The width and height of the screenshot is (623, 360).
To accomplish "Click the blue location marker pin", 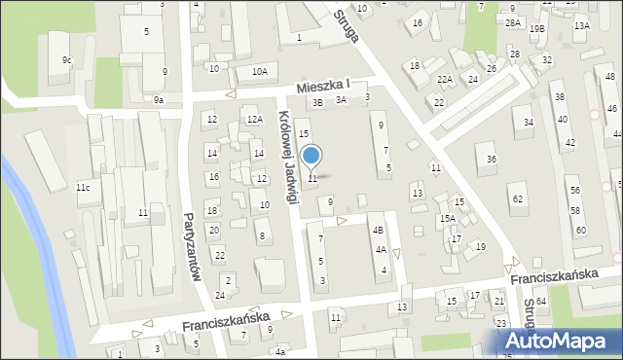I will (311, 157).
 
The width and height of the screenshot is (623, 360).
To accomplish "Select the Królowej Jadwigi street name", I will (287, 155).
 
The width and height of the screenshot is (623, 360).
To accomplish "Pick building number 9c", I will (66, 60).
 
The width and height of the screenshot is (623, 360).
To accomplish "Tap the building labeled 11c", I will (83, 187).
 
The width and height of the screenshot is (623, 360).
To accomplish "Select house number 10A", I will (259, 71).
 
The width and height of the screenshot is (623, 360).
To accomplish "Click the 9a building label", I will (158, 99).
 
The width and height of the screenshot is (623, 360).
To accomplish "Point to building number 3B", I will (316, 102).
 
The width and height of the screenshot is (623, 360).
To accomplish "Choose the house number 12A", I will (254, 119).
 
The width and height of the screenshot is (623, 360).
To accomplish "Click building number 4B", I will (380, 230).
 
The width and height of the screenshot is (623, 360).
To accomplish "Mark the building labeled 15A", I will (447, 219).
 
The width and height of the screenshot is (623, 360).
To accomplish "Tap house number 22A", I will (444, 80).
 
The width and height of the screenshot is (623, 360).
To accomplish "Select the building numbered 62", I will (518, 199).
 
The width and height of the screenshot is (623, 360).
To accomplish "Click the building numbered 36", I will (492, 159).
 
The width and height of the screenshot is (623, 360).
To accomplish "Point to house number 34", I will (529, 122).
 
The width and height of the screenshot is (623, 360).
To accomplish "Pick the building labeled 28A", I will (512, 21).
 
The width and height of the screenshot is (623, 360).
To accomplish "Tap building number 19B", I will (537, 29).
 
